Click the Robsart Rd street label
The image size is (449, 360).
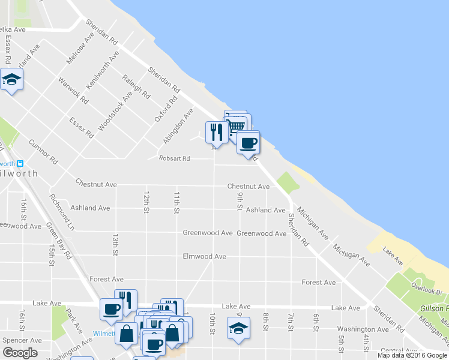point(174,158)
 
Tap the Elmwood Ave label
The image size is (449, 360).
point(204,256)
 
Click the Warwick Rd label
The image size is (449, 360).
point(73,91)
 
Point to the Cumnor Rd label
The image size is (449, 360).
point(43,152)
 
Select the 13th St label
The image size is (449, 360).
point(115,244)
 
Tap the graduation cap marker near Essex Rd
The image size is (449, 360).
point(11,79)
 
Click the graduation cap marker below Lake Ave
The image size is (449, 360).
point(238,328)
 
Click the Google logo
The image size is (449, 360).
point(20,352)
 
